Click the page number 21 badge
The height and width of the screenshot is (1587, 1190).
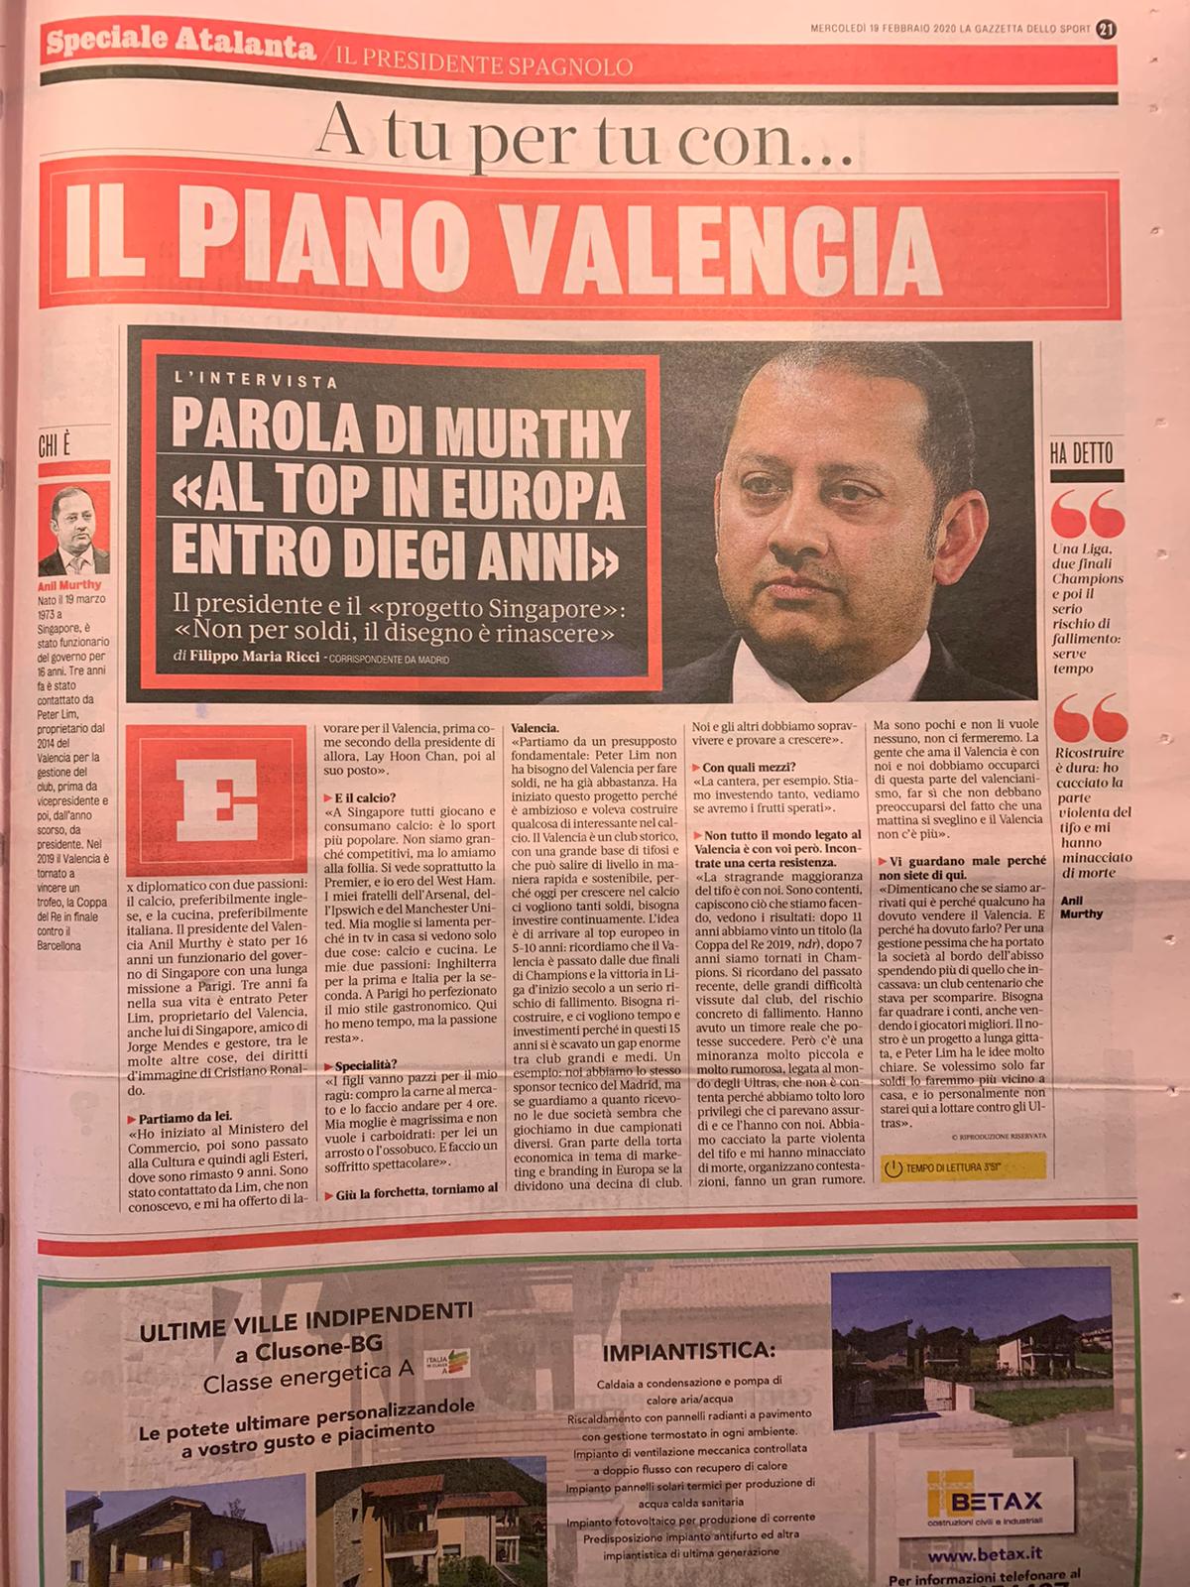(1107, 30)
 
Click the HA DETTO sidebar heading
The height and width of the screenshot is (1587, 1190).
(1081, 455)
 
